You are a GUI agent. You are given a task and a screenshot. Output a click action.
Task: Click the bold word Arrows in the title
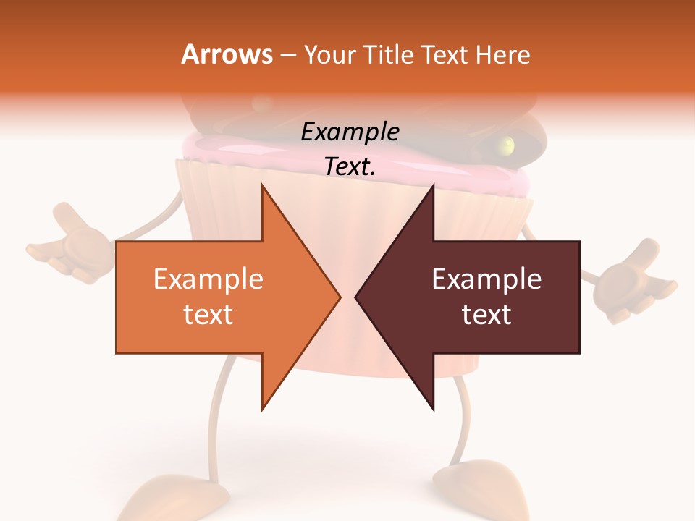tap(227, 54)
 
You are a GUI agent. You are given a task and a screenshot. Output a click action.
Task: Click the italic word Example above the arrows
tap(350, 132)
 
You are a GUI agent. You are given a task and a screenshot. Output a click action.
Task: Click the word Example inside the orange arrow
tap(208, 279)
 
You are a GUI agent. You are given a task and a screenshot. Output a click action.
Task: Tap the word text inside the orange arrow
tap(208, 315)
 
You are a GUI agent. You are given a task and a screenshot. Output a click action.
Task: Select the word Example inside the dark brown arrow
tap(486, 279)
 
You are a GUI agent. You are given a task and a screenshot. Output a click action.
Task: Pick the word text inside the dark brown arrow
tap(486, 315)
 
